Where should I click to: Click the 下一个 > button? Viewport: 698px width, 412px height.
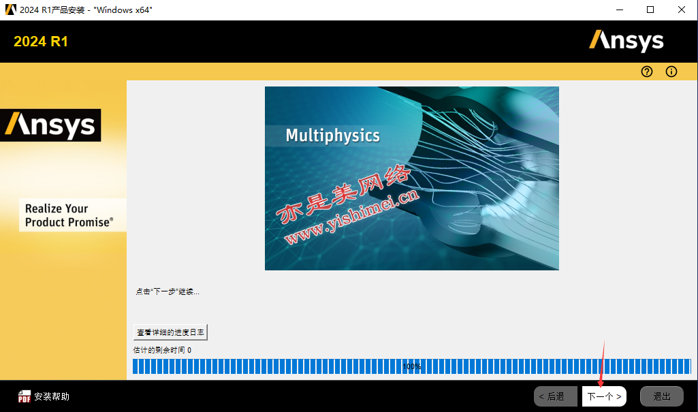(x=604, y=396)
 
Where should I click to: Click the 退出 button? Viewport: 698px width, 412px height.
(x=661, y=396)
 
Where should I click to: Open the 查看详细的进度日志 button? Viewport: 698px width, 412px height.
(x=170, y=332)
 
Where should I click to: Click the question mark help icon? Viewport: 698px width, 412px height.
(x=647, y=72)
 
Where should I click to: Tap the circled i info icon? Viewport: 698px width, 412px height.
(x=671, y=72)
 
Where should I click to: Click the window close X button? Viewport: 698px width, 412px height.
(x=682, y=10)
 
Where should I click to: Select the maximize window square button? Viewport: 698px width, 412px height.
(x=650, y=10)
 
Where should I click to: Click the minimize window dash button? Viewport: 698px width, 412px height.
(x=619, y=10)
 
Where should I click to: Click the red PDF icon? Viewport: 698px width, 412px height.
(x=24, y=396)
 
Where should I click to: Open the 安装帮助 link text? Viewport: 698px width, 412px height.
(x=52, y=396)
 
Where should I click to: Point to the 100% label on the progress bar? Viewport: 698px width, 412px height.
(x=412, y=366)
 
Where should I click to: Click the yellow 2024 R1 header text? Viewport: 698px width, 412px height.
(x=41, y=42)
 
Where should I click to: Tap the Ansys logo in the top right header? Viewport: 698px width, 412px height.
(x=626, y=41)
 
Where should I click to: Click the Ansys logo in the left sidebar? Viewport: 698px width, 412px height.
(x=50, y=125)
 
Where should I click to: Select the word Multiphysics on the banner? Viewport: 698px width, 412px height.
(x=332, y=136)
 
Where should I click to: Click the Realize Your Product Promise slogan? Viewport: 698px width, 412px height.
(x=69, y=215)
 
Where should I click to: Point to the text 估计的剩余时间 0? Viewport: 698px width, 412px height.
(x=162, y=350)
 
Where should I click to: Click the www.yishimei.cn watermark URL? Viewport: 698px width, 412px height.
(x=351, y=217)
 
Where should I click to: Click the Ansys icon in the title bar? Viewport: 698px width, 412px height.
(x=11, y=10)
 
